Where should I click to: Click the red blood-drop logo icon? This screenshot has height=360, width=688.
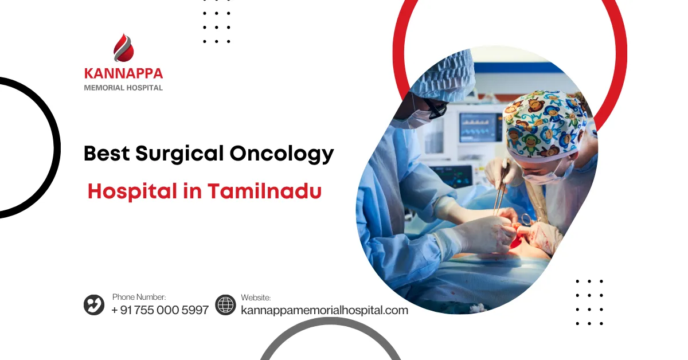[x=123, y=48]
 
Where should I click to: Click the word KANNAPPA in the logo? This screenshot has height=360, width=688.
[x=123, y=73]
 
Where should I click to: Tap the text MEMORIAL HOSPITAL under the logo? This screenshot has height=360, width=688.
[x=123, y=88]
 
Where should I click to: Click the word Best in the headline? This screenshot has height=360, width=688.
[x=107, y=153]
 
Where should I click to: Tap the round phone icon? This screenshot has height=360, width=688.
[x=94, y=304]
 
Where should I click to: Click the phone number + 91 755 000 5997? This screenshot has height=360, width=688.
[x=160, y=310]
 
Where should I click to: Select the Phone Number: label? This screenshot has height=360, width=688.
[x=139, y=297]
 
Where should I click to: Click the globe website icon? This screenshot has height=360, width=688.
[x=225, y=304]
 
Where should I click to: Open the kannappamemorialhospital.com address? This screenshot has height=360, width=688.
[x=325, y=310]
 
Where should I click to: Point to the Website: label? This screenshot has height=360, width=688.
[x=256, y=298]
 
